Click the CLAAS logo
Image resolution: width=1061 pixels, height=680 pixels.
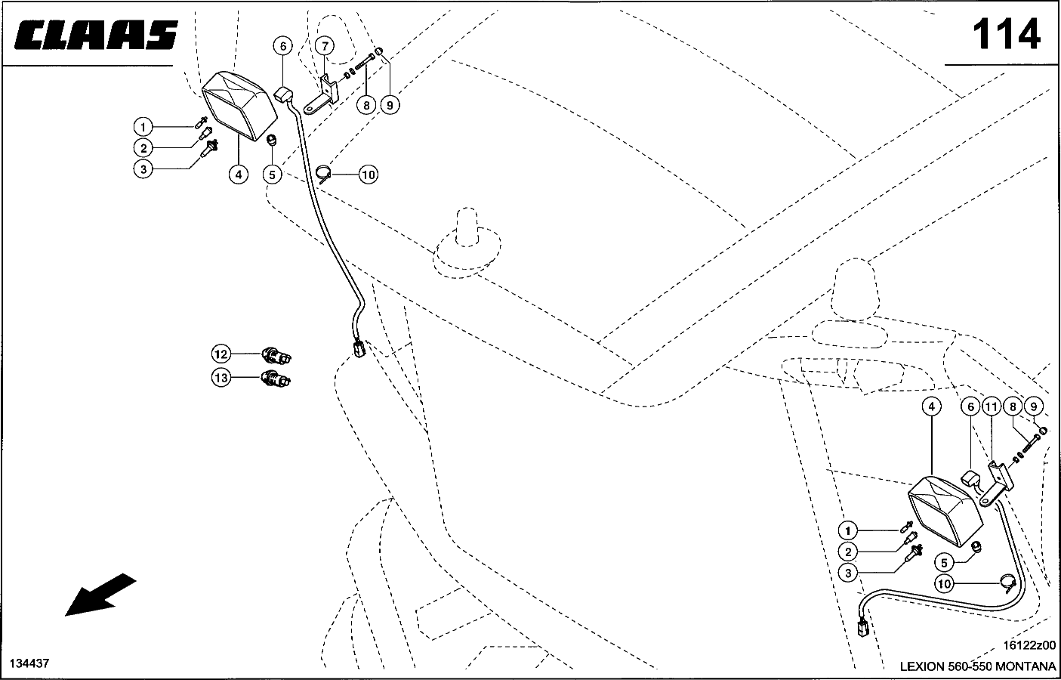pos(96,36)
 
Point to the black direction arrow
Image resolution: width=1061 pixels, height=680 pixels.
pos(100,595)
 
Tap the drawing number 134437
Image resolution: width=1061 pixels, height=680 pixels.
pos(29,663)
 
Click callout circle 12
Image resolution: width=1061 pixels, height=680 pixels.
pos(221,354)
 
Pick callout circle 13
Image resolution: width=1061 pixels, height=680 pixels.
pos(221,378)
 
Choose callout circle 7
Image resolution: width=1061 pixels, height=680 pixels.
pos(324,46)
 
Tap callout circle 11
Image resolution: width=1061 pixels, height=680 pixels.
pos(991,406)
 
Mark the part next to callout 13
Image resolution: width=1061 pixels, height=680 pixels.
pos(277,378)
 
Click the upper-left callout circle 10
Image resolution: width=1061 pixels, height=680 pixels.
pos(368,175)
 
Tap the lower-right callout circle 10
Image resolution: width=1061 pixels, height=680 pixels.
pos(944,583)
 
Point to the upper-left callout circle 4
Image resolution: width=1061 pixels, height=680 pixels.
pos(238,175)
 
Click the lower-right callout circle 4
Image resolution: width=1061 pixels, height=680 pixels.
pos(932,406)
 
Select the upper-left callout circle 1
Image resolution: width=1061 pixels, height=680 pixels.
pos(143,126)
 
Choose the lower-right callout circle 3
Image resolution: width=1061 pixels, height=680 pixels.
pos(849,573)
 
